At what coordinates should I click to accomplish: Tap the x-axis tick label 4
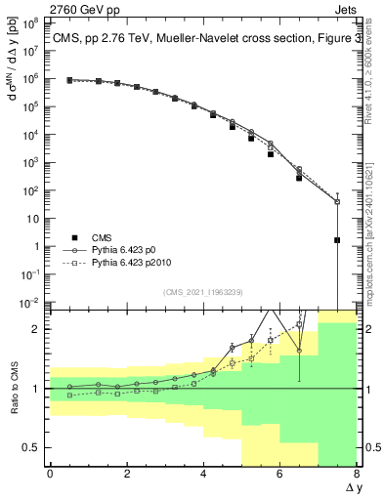click(x=203, y=474)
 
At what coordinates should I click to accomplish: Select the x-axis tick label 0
click(x=50, y=474)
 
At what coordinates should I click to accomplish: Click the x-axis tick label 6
click(x=279, y=474)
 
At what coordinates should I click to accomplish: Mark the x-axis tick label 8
click(x=356, y=474)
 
